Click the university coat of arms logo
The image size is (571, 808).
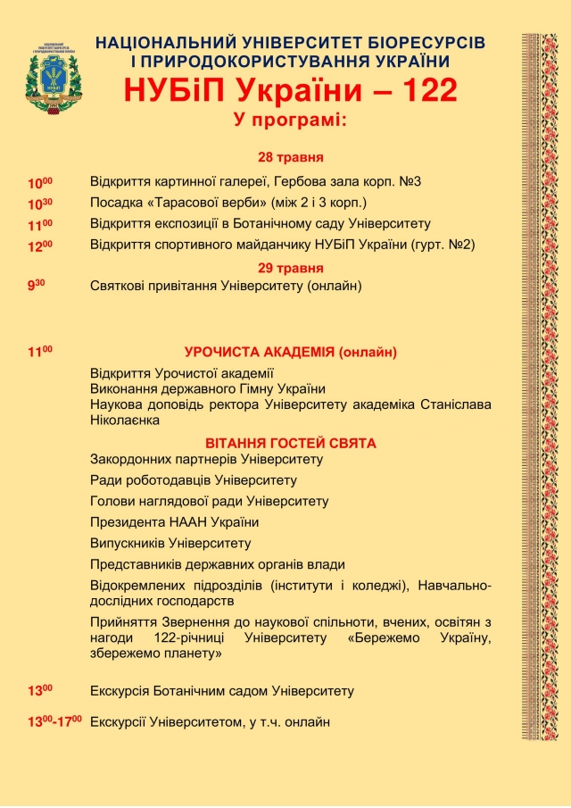(54, 80)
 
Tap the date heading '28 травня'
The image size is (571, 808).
(291, 158)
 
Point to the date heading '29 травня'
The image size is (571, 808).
(291, 268)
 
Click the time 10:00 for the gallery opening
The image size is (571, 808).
(40, 183)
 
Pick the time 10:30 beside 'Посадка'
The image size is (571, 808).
(40, 204)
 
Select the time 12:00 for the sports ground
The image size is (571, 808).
(40, 246)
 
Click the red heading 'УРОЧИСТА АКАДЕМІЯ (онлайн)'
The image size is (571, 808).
(290, 352)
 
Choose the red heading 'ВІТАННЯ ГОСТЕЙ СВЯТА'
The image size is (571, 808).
(290, 444)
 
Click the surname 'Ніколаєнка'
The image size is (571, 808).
(126, 420)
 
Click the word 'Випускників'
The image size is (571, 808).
(128, 543)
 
